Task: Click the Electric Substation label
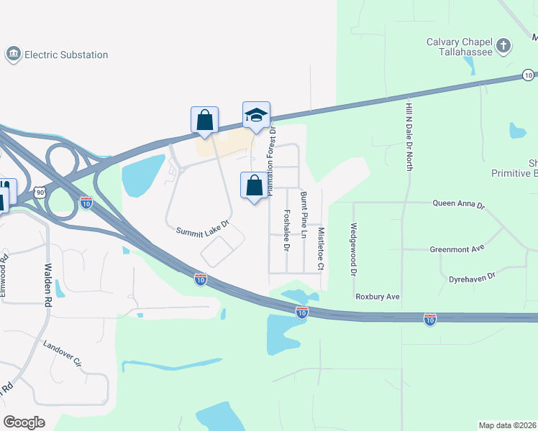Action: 66,55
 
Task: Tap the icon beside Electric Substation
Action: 12,55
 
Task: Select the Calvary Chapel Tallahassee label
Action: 458,47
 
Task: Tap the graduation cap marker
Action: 256,116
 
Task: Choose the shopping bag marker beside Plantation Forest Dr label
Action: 254,186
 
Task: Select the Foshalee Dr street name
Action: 286,230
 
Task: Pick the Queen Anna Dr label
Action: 459,204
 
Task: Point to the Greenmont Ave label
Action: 457,249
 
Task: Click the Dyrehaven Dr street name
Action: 472,277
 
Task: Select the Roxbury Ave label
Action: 377,296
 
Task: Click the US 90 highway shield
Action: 40,193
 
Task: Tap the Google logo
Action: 24,422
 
